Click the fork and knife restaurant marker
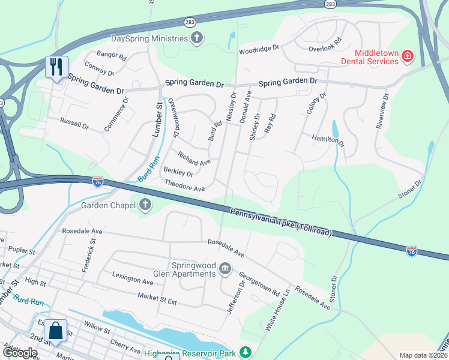[57, 67]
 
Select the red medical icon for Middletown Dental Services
[408, 56]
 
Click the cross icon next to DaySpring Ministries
[196, 39]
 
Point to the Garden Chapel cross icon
[144, 205]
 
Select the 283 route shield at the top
[330, 4]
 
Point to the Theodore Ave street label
[185, 186]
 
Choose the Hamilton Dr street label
[328, 141]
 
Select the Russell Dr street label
[74, 124]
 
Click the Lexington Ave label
[133, 277]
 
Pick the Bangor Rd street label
[112, 55]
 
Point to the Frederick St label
[93, 253]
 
